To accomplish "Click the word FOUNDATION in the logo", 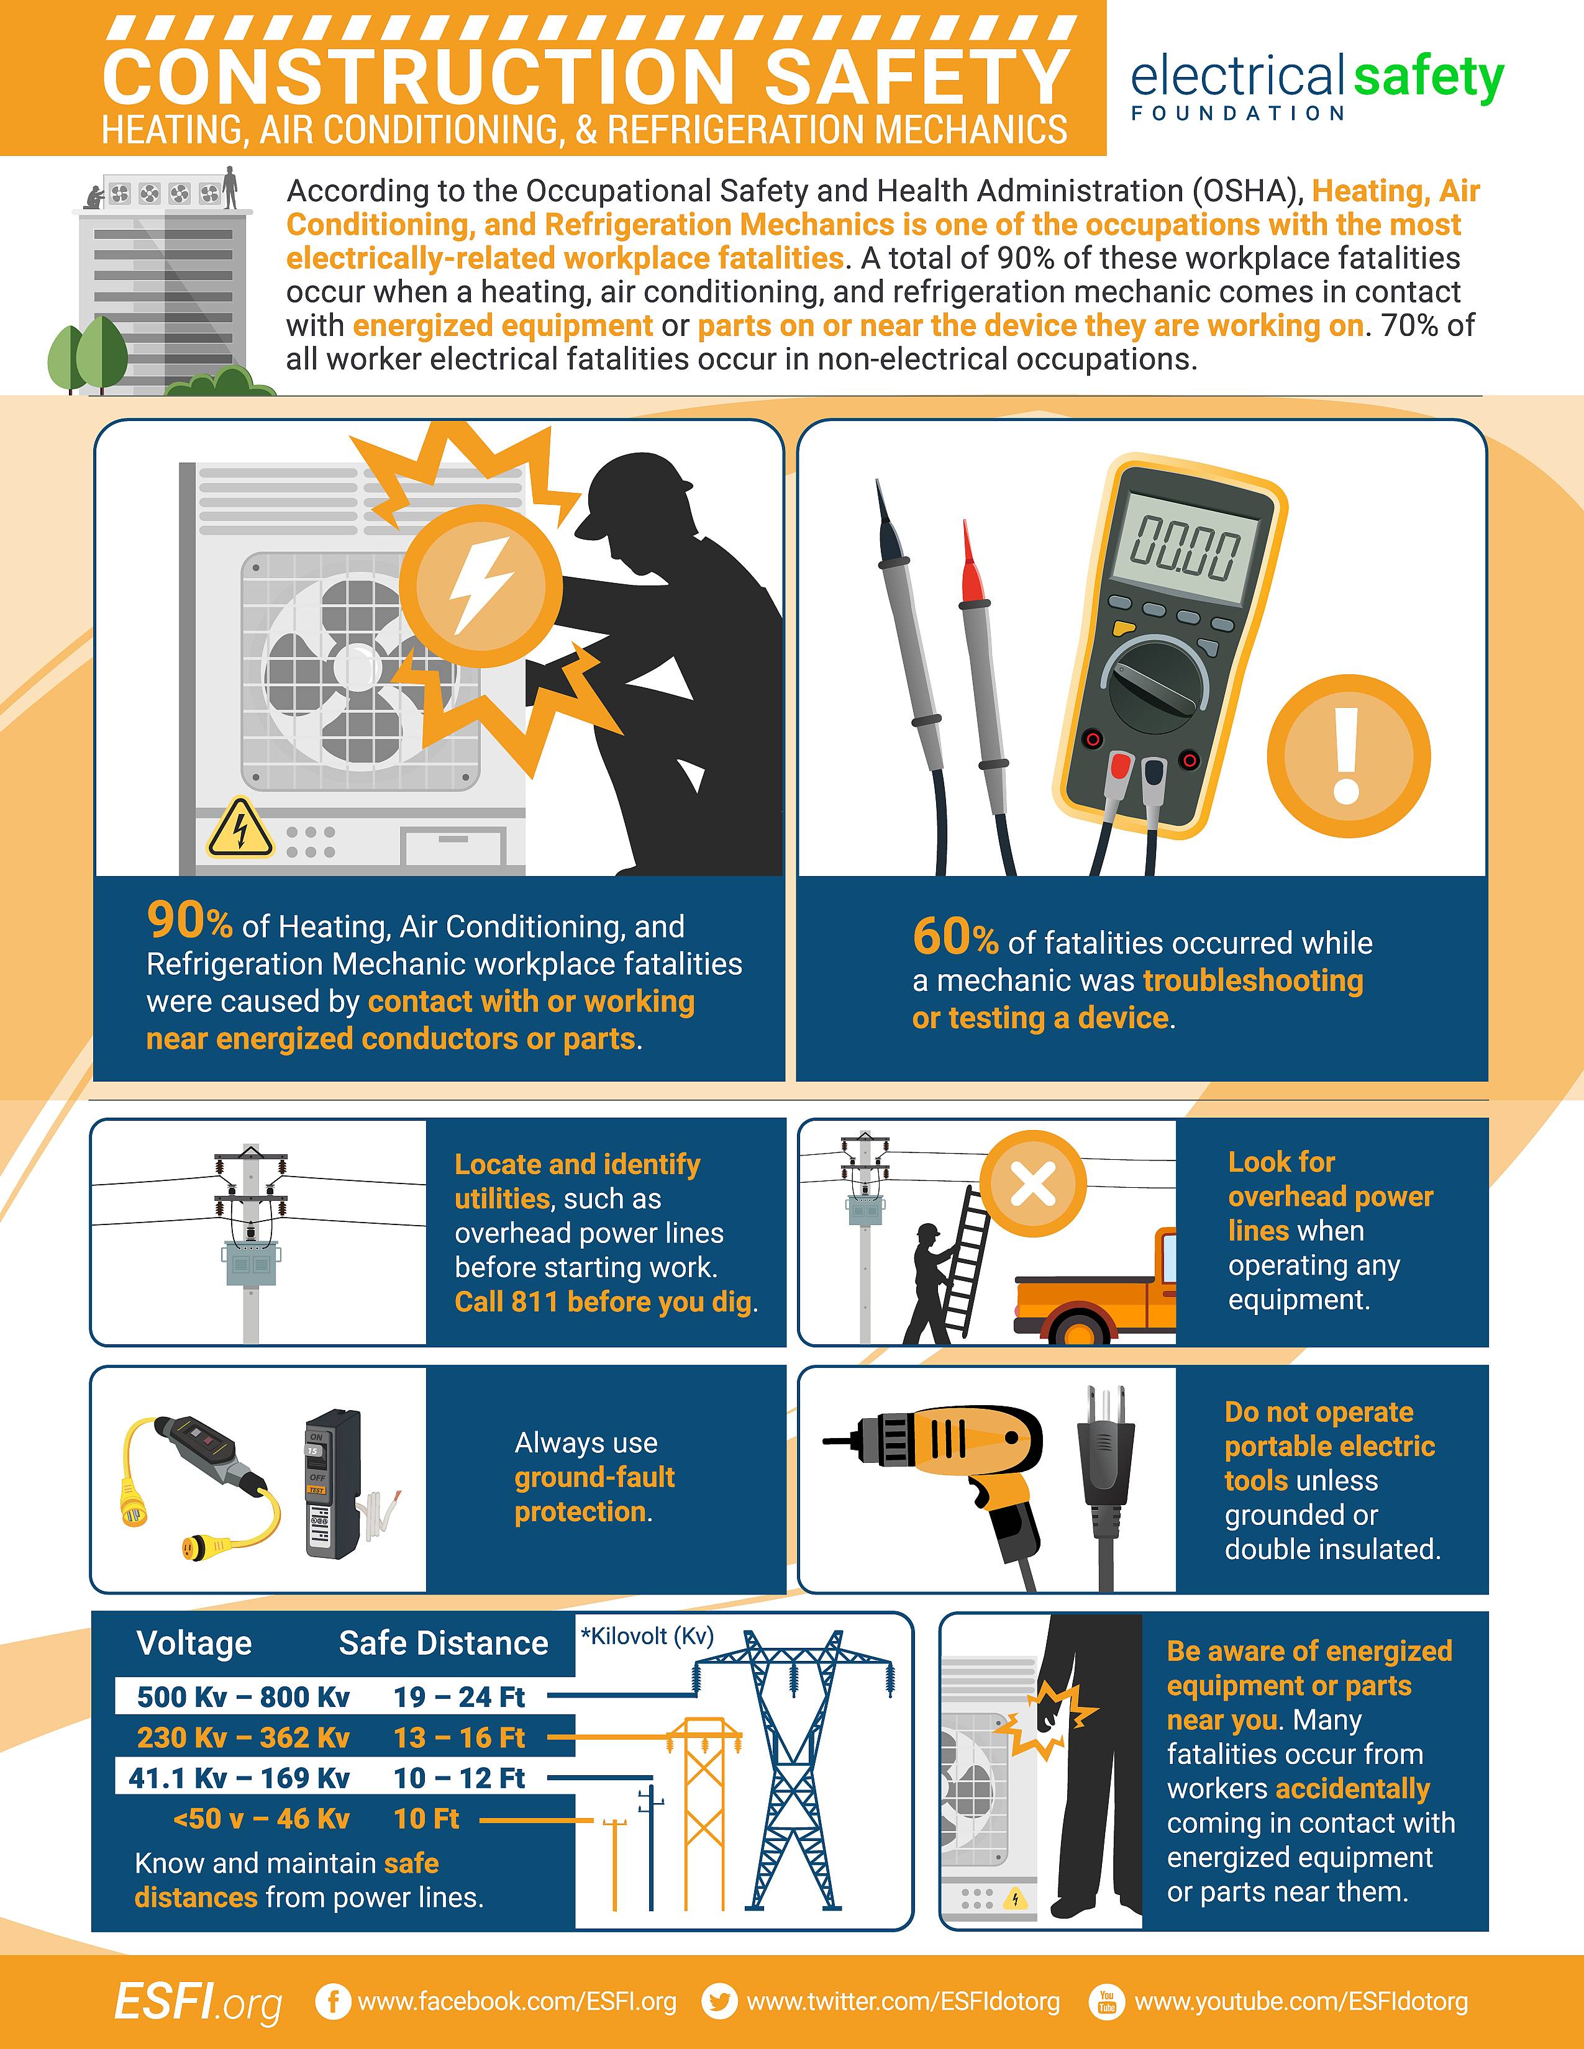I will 1238,114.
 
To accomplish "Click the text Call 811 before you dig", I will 604,1302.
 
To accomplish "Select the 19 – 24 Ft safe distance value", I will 459,1697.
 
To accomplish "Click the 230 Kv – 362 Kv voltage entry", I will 243,1737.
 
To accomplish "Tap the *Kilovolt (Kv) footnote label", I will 647,1636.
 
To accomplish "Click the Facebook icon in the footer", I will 332,2001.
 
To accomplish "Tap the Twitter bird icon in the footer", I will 720,2001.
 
